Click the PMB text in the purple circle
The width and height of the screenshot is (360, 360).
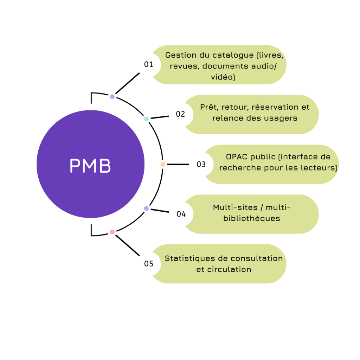90,166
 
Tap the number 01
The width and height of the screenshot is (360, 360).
149,64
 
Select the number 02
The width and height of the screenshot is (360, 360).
180,114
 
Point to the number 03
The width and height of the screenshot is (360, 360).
201,164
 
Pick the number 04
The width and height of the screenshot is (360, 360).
181,214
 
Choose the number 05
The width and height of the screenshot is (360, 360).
149,264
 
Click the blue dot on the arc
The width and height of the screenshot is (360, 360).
112,96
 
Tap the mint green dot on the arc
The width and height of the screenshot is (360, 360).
146,119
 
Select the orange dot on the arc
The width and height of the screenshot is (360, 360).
162,164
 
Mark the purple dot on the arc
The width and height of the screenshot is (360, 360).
146,208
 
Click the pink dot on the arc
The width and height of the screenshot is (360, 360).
112,232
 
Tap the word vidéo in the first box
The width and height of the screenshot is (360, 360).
223,77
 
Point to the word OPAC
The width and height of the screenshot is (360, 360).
237,157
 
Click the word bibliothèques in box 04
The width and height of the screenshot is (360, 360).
251,218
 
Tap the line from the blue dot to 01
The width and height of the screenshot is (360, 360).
127,83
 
